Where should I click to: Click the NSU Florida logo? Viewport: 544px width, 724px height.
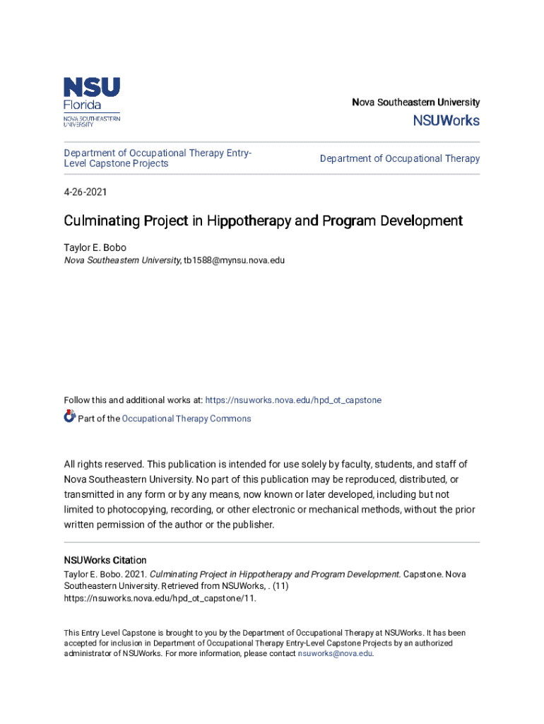pos(92,102)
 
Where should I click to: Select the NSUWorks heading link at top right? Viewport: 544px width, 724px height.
pos(446,121)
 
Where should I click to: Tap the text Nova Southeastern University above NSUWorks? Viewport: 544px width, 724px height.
pos(415,103)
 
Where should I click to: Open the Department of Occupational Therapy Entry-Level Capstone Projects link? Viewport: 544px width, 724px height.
pos(158,158)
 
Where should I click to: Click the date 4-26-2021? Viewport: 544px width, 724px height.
pos(85,192)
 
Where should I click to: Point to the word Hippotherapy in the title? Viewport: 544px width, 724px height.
pos(250,221)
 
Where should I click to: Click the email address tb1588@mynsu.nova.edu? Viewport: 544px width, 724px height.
pos(235,260)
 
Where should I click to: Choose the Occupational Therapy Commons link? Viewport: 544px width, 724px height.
pos(187,419)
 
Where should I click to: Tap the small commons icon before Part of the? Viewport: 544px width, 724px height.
pos(69,417)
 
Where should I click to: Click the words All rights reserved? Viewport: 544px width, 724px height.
pos(103,465)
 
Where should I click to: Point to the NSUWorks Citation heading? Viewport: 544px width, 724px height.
pos(105,560)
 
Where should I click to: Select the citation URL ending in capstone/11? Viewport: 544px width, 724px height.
pos(160,598)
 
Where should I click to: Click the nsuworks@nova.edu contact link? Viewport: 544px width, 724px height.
pos(335,654)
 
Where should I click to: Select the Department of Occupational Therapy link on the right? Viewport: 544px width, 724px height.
pos(399,159)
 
